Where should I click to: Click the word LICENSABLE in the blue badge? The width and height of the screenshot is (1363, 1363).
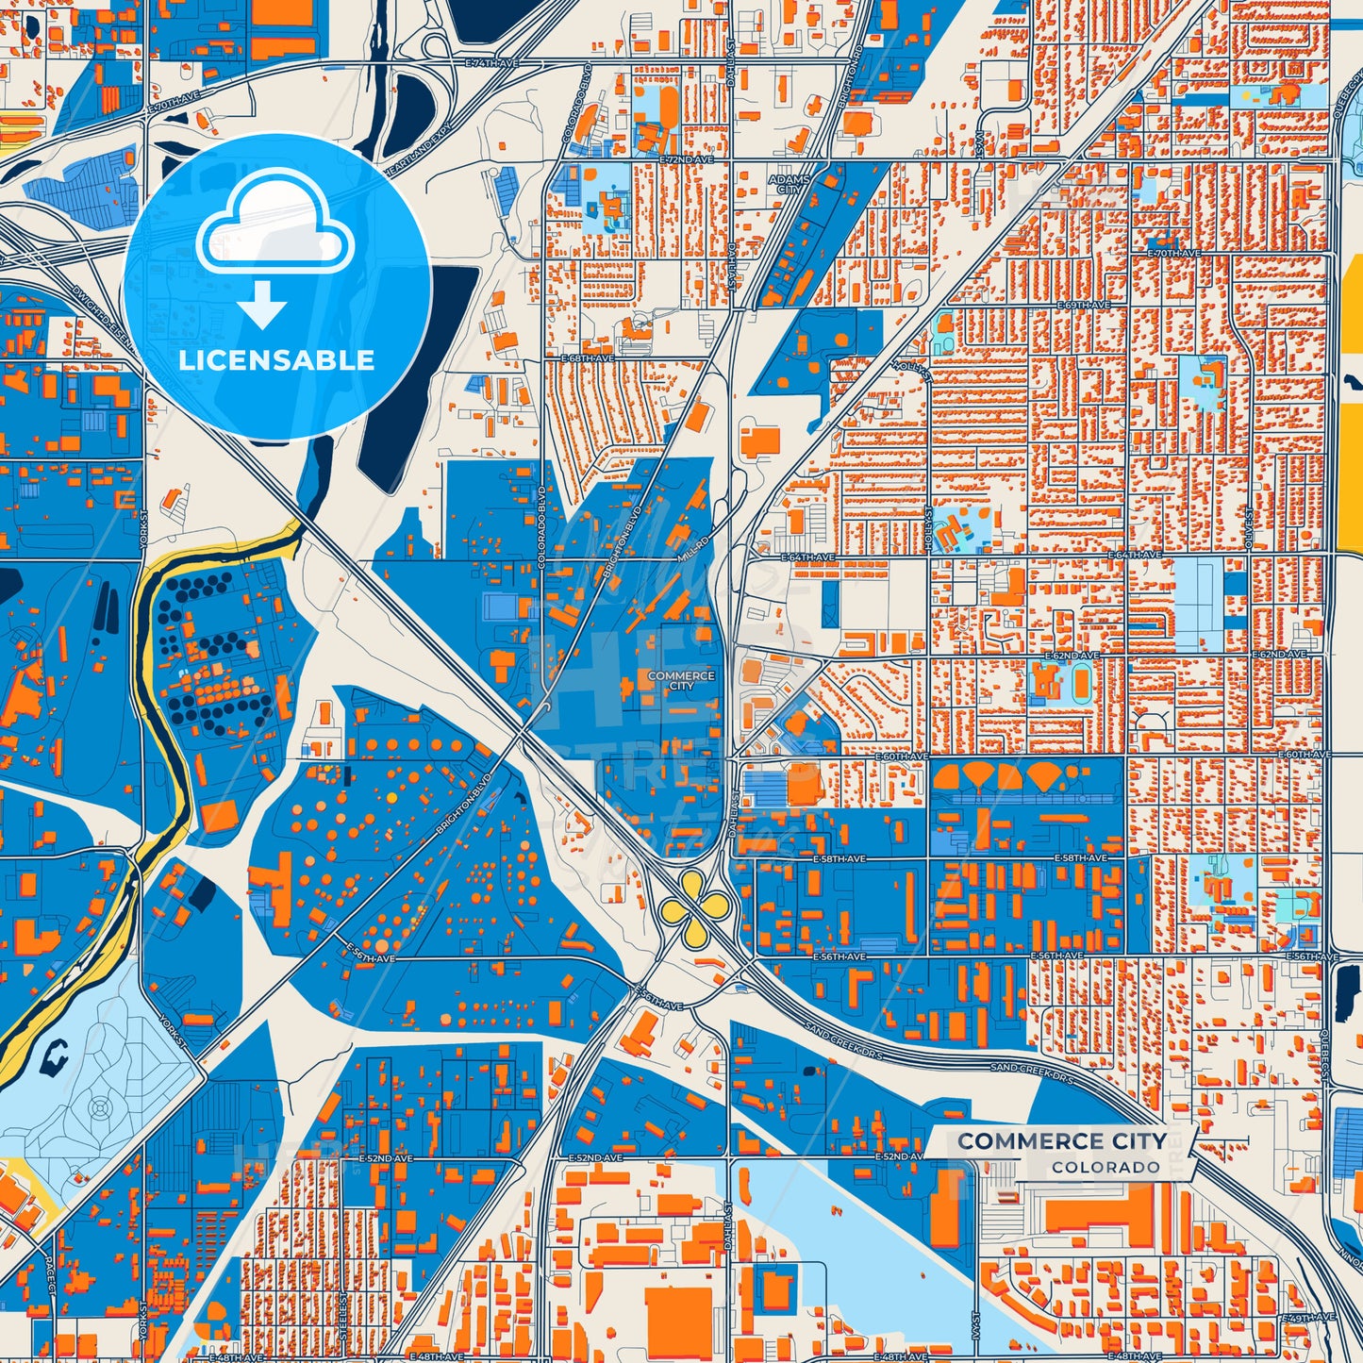click(x=276, y=360)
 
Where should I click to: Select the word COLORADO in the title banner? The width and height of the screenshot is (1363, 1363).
click(x=1105, y=1168)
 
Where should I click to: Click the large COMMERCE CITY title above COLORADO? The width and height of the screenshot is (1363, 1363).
click(x=1062, y=1141)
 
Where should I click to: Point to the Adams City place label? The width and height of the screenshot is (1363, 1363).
click(x=789, y=184)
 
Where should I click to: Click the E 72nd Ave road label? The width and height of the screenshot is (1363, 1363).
click(x=688, y=161)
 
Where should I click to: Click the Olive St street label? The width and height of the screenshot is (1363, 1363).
click(x=1250, y=526)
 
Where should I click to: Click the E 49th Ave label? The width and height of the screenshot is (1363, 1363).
click(x=1311, y=1317)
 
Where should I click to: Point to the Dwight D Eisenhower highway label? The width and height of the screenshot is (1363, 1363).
click(x=106, y=317)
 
